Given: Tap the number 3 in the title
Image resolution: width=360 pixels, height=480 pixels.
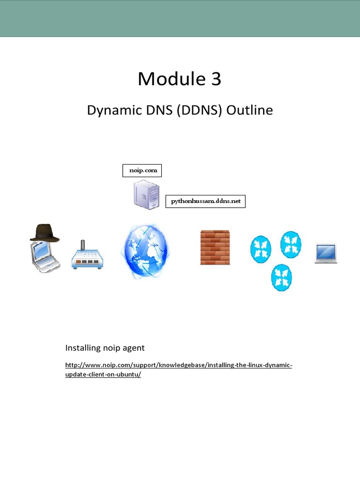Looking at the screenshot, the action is [216, 79].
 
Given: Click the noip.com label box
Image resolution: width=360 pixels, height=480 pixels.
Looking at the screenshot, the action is [142, 171].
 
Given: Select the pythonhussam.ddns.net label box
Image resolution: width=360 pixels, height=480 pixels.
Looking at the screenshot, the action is [205, 202].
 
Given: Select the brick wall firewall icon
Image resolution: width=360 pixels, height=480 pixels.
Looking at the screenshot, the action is [215, 247].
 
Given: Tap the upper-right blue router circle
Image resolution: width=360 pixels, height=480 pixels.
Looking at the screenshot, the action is [291, 244].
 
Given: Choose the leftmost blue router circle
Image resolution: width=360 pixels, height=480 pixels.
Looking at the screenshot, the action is [261, 248].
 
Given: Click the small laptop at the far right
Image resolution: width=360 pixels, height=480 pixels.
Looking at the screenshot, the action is [325, 254].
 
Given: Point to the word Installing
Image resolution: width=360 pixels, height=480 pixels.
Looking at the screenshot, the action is [83, 348].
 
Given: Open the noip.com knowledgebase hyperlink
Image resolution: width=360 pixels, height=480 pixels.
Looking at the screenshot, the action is [178, 365].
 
